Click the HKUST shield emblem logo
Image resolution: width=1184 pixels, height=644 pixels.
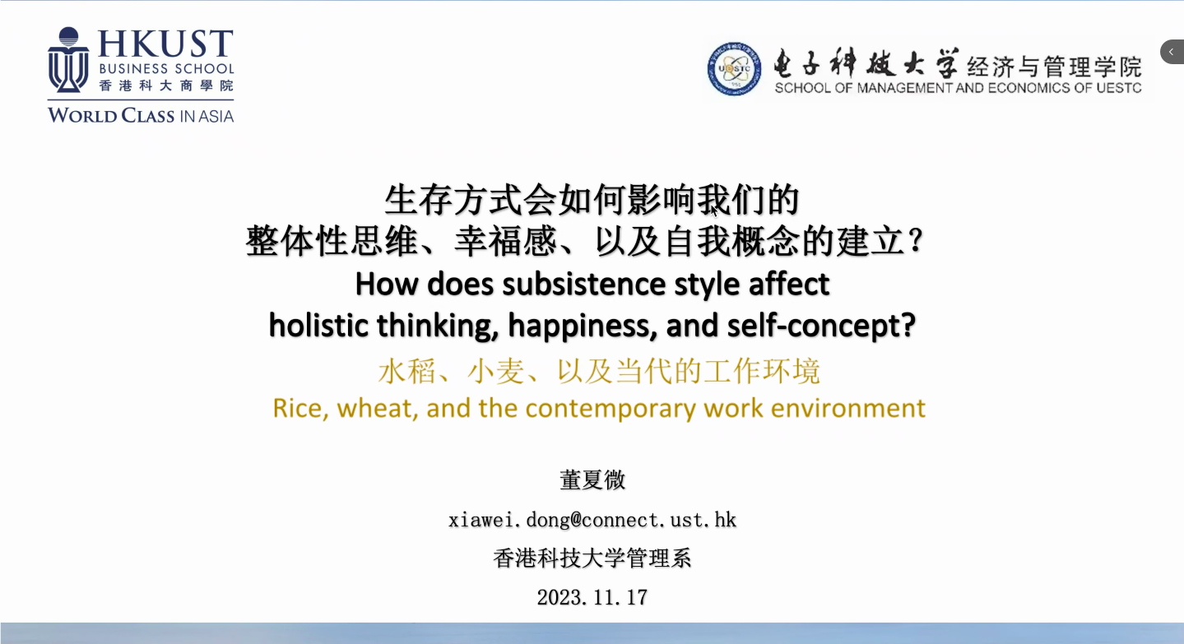(68, 60)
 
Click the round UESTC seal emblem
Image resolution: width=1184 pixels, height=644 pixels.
(734, 69)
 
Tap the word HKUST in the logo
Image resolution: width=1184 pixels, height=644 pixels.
(165, 44)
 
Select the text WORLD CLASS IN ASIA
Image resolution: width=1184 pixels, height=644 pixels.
(141, 115)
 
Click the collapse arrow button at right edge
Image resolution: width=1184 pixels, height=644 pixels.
(1172, 52)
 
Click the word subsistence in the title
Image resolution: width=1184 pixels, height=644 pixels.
(584, 285)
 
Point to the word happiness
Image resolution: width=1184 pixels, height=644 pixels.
(582, 326)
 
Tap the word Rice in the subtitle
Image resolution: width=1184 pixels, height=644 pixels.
(300, 409)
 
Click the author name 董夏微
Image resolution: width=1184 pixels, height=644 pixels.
(592, 480)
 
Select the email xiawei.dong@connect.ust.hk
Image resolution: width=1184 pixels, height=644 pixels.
(592, 520)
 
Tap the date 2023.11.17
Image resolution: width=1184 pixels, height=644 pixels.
(592, 597)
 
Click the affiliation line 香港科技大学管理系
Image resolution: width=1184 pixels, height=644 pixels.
(592, 558)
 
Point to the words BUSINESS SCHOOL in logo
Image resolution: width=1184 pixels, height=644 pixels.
(166, 69)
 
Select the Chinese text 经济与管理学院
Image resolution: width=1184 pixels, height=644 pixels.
(1055, 67)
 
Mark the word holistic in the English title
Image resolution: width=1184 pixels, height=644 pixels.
(318, 326)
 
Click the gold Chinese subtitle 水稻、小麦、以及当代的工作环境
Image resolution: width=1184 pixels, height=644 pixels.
(599, 371)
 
